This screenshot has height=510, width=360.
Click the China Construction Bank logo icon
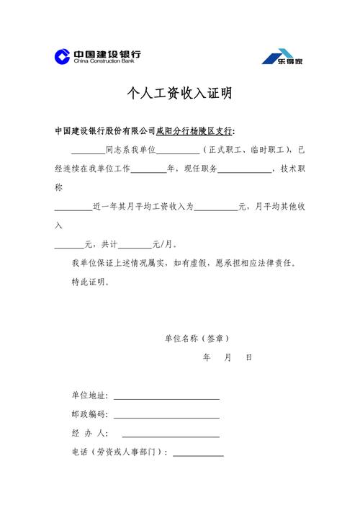pos(63,56)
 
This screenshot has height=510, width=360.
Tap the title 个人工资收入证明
pos(180,94)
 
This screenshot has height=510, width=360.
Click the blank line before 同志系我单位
pos(88,151)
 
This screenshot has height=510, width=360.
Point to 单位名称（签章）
pos(197,338)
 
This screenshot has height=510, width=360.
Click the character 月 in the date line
pos(228,357)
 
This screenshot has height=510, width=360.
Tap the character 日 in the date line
pos(248,357)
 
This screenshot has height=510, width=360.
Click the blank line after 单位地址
pos(166,395)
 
